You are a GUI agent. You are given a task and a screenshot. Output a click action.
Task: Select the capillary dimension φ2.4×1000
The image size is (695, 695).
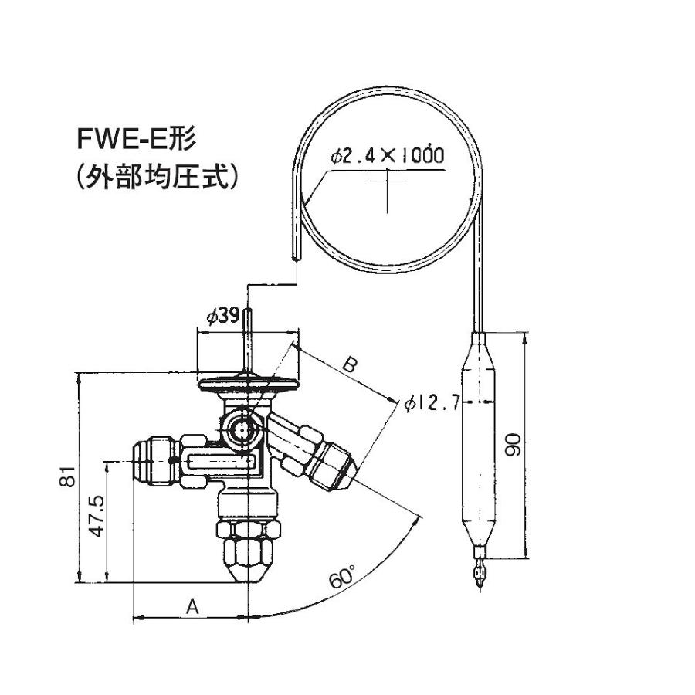pos(387,155)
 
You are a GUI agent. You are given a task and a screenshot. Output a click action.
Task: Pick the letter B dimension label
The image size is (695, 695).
pos(349,365)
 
